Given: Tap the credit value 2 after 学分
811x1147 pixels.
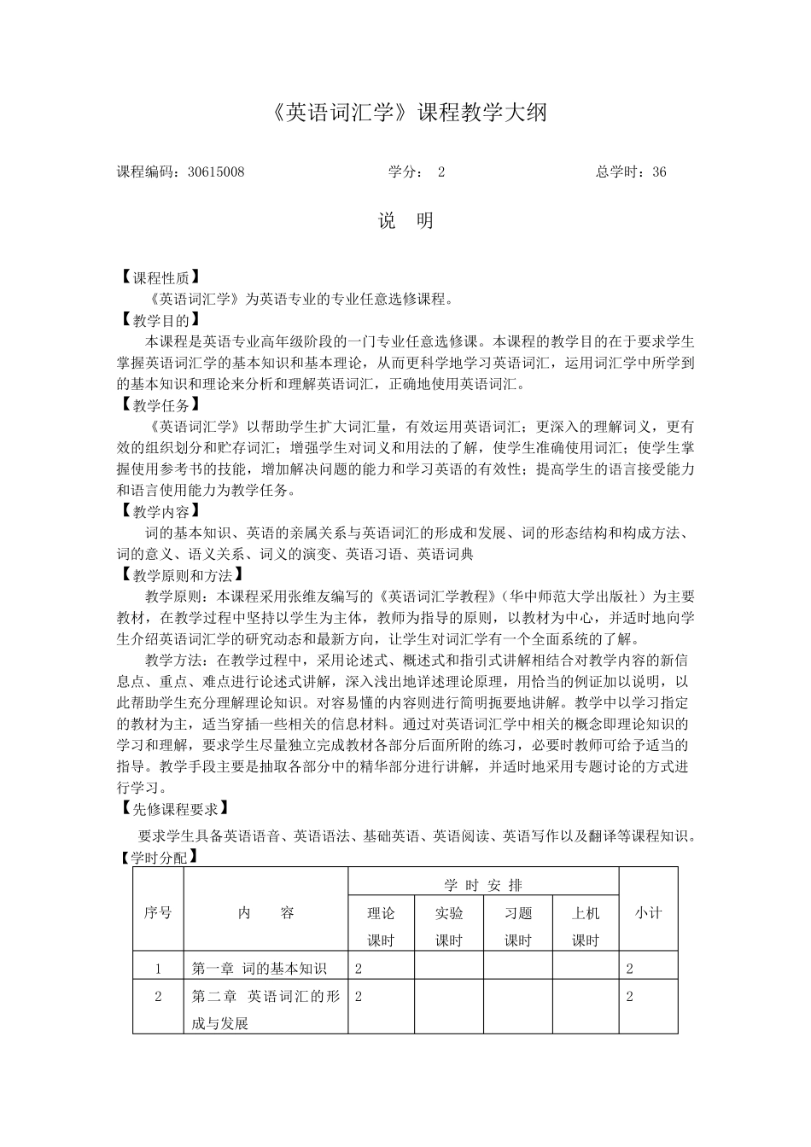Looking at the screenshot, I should click(441, 172).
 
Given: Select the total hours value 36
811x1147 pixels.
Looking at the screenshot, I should click(659, 172).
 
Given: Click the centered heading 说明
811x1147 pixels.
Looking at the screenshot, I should click(406, 221).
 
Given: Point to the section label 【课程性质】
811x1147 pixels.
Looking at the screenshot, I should click(160, 277).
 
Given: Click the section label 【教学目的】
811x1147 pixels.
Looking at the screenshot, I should click(160, 320).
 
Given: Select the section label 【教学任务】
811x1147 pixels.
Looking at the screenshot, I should click(160, 405).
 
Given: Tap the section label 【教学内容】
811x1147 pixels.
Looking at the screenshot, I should click(160, 511).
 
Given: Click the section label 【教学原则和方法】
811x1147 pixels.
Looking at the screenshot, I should click(181, 575).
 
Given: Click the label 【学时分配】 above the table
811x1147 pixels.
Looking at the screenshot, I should click(159, 858).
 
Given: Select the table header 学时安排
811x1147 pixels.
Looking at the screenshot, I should click(483, 886).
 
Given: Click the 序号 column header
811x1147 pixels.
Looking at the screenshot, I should click(158, 913).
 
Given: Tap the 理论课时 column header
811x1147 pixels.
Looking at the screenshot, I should click(381, 926).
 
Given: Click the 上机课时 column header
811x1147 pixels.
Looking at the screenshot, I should click(586, 926).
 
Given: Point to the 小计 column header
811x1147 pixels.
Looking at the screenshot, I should click(648, 913).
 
